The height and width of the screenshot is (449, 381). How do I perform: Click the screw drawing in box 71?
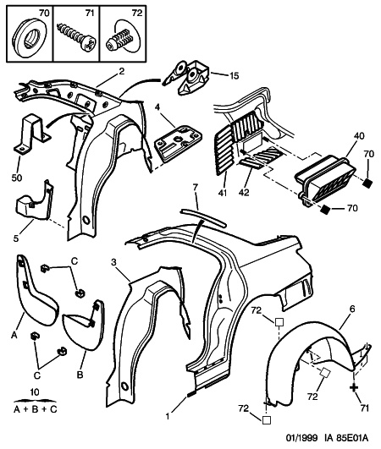coord(77,37)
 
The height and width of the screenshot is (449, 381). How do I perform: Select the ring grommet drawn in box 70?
coord(29,37)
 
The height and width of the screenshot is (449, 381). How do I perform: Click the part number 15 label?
coord(234,76)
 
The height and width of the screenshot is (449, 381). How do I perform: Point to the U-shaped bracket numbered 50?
coord(31,135)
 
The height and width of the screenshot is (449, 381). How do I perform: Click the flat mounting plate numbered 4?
coord(178,143)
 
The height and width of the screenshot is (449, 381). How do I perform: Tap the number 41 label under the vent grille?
coord(223,193)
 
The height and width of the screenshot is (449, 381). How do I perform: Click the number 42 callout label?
coord(244,193)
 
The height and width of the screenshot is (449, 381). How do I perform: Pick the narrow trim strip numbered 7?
coord(203,218)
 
